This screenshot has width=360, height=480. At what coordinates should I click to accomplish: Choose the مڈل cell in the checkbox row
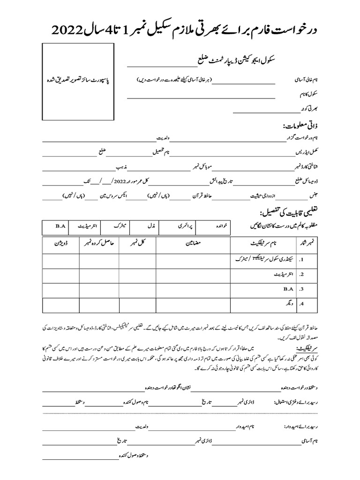click(x=151, y=226)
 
